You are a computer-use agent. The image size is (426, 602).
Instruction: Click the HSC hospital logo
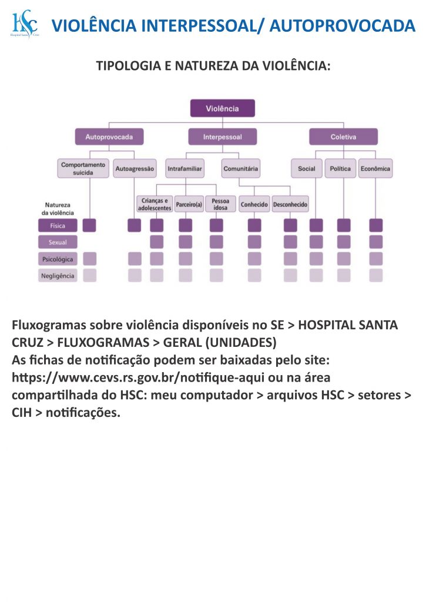[x=25, y=24]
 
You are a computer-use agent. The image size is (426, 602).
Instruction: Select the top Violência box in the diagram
[x=223, y=108]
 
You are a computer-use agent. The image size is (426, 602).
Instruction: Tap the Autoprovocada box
[x=109, y=136]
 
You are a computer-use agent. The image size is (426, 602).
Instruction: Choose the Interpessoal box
[x=223, y=136]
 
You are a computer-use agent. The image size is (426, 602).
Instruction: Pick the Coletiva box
[x=344, y=136]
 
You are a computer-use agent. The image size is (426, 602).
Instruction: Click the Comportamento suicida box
[x=83, y=169]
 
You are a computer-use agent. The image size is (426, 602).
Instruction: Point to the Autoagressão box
[x=135, y=169]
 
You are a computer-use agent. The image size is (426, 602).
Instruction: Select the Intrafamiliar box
[x=185, y=169]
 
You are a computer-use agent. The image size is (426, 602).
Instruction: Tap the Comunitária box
[x=241, y=169]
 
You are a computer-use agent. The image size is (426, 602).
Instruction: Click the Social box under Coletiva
[x=307, y=169]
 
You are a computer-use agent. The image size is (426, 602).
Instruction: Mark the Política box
[x=340, y=169]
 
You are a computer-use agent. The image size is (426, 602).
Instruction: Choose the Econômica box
[x=375, y=169]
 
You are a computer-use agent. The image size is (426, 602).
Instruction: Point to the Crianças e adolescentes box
[x=155, y=204]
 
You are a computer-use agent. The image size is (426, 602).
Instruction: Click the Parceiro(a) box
[x=189, y=204]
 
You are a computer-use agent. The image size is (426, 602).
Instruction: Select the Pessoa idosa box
[x=220, y=204]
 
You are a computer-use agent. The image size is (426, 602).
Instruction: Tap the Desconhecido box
[x=290, y=204]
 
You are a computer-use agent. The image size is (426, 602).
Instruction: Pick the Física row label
[x=58, y=226]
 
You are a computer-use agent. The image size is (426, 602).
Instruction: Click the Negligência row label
[x=58, y=276]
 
